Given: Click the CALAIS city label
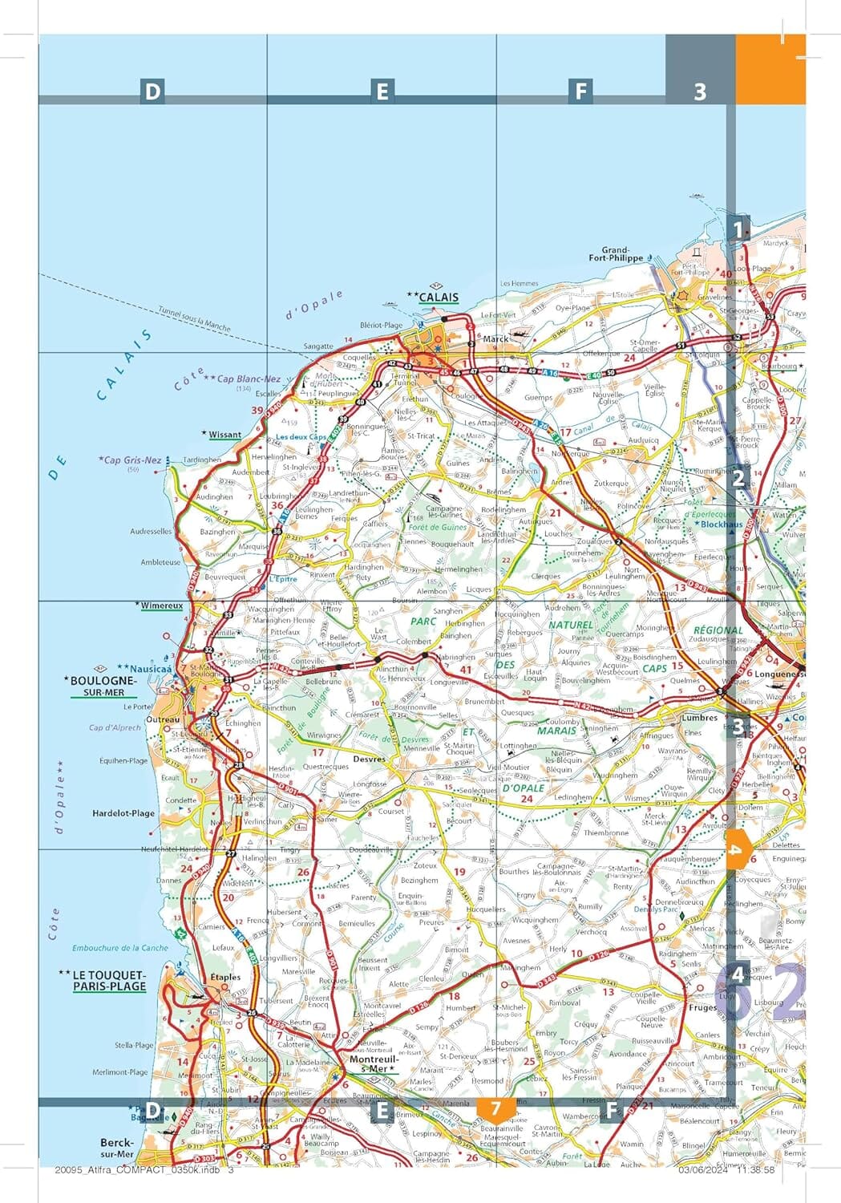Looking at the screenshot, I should click(439, 297).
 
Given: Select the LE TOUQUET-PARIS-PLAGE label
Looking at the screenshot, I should click(109, 981).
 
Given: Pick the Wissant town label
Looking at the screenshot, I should click(224, 435).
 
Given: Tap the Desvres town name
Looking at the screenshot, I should click(370, 758).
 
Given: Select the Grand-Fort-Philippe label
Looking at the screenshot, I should click(616, 254).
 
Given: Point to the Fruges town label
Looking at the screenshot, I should click(702, 1007).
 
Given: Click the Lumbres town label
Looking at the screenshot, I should click(699, 718).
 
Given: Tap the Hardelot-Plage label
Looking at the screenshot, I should click(123, 812).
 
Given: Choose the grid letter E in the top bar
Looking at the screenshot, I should click(382, 91).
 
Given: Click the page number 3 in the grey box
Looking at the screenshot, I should click(700, 91).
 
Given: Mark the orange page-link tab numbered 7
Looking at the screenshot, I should click(495, 1109).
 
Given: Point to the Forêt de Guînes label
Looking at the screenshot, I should click(437, 527).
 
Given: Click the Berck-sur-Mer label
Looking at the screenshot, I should click(117, 1148).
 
